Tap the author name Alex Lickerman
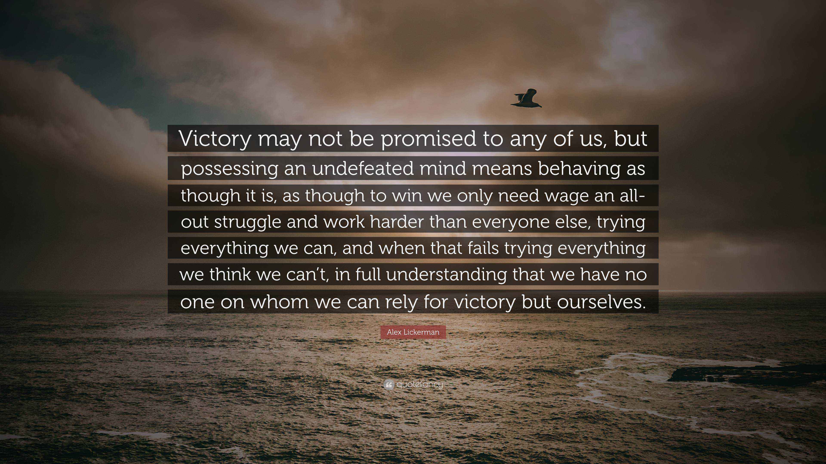click(x=413, y=332)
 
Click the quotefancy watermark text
click(x=419, y=384)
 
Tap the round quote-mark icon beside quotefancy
click(x=388, y=385)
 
